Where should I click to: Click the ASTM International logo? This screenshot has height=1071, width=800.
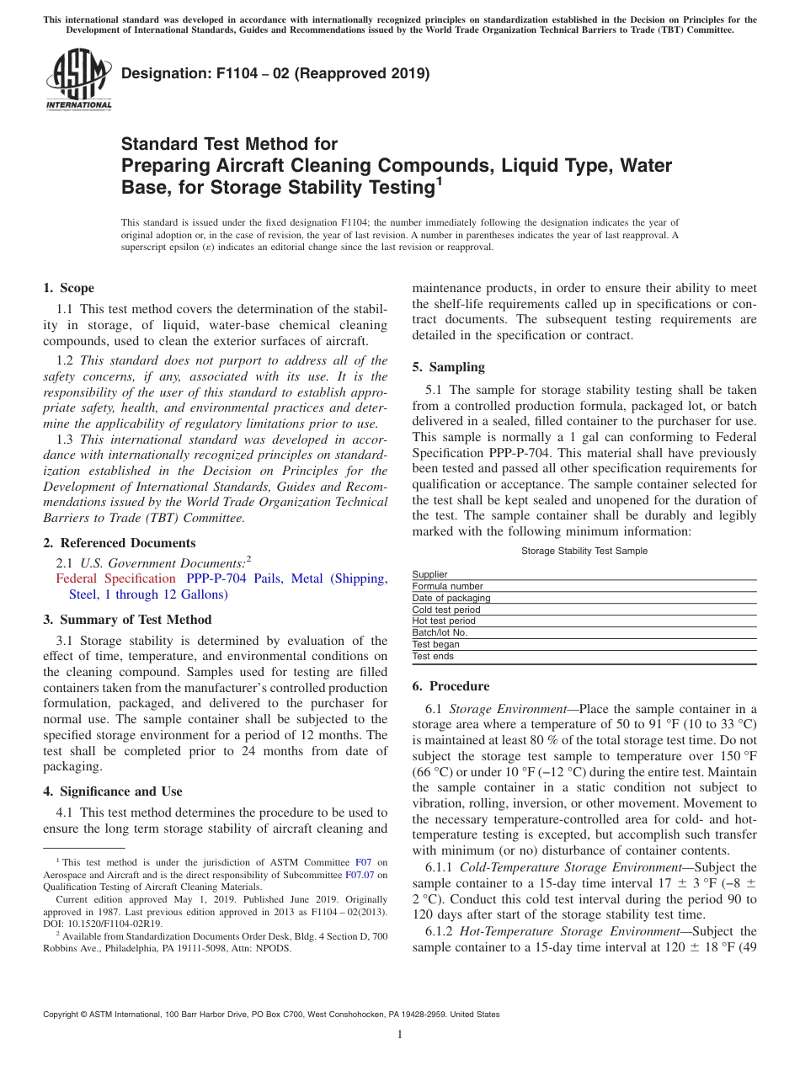click(x=77, y=80)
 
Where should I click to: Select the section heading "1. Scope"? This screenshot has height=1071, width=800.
click(x=68, y=288)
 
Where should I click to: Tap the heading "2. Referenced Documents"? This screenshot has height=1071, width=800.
click(x=119, y=543)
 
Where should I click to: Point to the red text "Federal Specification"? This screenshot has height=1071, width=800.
click(x=115, y=578)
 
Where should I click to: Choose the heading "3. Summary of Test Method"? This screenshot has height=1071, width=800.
click(x=127, y=620)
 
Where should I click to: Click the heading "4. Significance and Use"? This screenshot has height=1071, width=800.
click(x=112, y=791)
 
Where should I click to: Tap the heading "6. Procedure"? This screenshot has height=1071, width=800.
click(x=451, y=686)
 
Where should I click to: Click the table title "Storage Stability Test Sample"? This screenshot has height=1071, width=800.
click(x=584, y=551)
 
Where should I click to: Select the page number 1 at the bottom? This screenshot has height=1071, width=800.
click(x=400, y=1036)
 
